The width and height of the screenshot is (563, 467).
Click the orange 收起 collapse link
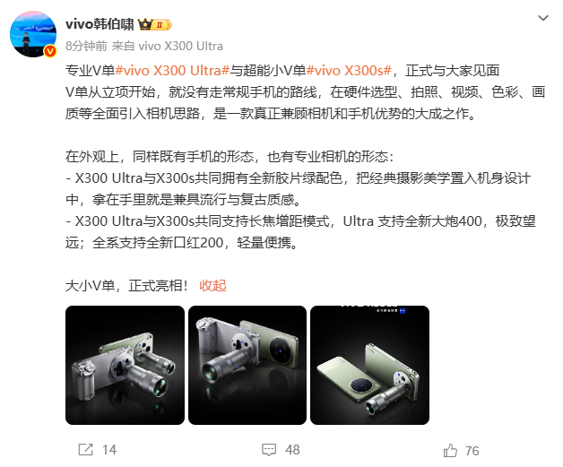212,285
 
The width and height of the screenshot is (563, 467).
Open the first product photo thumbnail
125,365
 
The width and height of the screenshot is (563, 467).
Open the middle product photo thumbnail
247,365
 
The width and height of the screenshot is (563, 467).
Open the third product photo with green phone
369,365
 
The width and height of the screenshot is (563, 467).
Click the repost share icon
86,448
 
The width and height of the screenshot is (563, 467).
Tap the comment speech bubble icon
268,448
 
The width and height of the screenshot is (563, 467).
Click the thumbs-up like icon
450,448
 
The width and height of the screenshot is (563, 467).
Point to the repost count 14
109,449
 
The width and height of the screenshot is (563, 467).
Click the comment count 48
291,449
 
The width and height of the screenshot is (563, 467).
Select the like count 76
472,449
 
